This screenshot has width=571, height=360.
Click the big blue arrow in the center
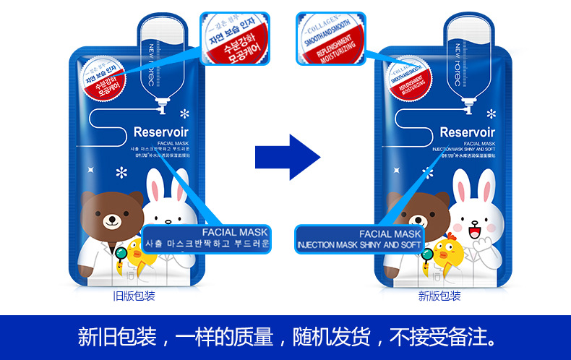coord(287,155)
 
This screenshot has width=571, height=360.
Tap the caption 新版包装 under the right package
coord(439,296)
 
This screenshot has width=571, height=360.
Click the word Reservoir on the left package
coord(162,132)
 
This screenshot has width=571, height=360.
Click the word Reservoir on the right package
coord(467,132)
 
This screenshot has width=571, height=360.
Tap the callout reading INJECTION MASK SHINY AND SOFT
coord(360,239)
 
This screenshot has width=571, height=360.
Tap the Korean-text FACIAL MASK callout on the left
coord(207,238)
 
